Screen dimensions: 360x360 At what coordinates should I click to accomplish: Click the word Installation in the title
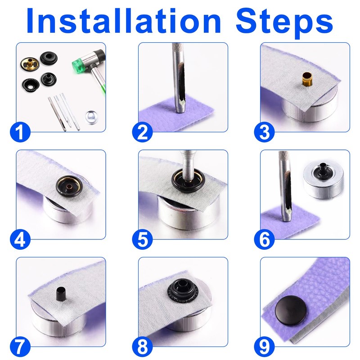click(123, 21)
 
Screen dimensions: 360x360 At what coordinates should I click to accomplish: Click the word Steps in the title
click(284, 23)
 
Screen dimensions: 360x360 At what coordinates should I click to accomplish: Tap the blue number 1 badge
click(20, 132)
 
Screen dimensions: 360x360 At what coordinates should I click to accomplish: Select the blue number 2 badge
click(142, 132)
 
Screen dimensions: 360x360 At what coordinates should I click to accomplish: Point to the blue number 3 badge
click(264, 132)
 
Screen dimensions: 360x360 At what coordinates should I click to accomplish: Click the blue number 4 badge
click(20, 239)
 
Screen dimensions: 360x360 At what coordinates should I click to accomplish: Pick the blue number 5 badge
click(142, 239)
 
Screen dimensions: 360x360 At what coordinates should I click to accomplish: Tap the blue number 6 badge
click(264, 239)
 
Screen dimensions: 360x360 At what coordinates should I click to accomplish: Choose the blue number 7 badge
click(20, 346)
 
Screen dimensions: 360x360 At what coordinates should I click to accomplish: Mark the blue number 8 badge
click(142, 346)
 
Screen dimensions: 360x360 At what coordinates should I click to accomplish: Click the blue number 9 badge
click(264, 346)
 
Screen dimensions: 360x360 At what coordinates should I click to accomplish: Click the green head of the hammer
click(77, 65)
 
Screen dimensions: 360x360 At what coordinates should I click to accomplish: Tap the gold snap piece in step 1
click(30, 64)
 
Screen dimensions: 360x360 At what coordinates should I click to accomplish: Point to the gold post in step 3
click(307, 80)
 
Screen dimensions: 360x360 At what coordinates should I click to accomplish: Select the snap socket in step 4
click(69, 186)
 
